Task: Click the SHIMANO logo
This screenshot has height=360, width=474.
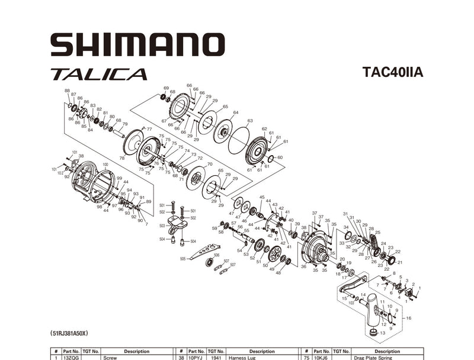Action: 137,44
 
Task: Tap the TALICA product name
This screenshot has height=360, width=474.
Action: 98,75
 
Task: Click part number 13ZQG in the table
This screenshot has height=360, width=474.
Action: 72,358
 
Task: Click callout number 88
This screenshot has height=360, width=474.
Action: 67,91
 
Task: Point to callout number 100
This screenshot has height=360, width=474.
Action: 105,164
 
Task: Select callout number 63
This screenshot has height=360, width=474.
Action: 249,121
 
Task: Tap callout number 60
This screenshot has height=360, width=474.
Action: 280,157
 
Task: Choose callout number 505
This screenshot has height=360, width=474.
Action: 182,259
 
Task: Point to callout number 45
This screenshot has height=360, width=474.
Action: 262,197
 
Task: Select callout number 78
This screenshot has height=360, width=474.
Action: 121,158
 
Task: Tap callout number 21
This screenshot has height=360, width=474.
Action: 399,262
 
